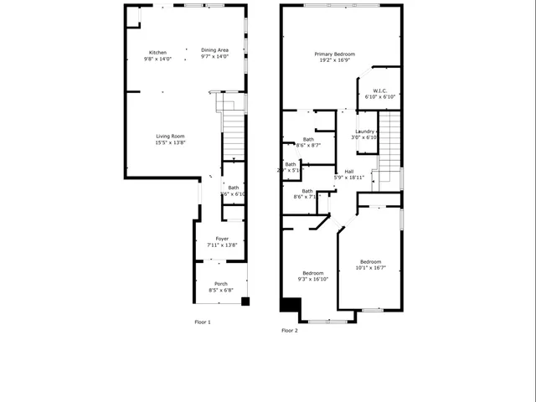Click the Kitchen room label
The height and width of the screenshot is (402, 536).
tap(157, 52)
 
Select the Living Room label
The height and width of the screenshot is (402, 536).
tap(170, 137)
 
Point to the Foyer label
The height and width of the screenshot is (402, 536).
tap(222, 239)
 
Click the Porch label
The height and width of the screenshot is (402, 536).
tap(221, 284)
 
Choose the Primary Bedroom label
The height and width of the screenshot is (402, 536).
tap(332, 54)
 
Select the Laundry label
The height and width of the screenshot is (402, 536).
tap(364, 131)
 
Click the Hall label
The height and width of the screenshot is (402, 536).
tap(348, 171)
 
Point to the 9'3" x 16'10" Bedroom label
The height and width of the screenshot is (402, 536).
tap(313, 273)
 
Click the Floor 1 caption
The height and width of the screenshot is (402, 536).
tap(203, 322)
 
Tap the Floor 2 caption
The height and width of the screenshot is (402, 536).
tap(290, 331)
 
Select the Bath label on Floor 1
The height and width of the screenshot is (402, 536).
tap(234, 188)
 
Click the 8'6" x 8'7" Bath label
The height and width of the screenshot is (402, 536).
tap(308, 139)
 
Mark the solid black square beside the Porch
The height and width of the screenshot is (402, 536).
tap(245, 301)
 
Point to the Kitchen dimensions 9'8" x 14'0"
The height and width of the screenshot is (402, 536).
tap(157, 59)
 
